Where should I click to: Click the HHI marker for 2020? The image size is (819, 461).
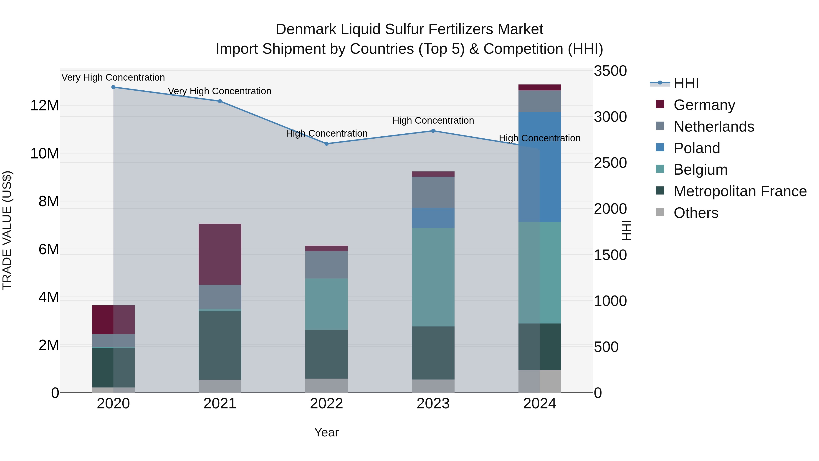(113, 87)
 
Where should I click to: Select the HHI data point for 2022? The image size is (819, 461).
(326, 144)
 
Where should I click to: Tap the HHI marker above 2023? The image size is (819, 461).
(433, 131)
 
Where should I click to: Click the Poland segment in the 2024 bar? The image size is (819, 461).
(540, 167)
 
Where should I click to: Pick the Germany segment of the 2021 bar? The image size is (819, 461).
(220, 254)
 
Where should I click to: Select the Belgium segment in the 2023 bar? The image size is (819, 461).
(433, 277)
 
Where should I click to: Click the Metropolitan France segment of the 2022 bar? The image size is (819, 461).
(326, 354)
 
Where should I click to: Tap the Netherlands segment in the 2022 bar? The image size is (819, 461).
(326, 265)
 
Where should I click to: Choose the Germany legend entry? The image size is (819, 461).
(704, 105)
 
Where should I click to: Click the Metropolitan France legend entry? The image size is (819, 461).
(740, 191)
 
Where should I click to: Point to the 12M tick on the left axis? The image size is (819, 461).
(45, 105)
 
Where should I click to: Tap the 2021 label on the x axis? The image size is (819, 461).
(220, 404)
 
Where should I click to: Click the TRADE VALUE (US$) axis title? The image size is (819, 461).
(7, 230)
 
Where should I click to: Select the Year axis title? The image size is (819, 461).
(326, 432)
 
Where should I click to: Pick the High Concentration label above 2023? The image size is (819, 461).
(433, 121)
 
